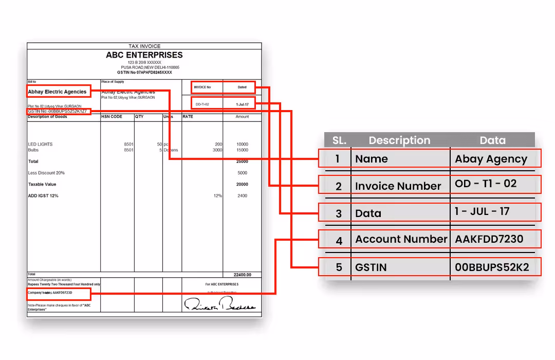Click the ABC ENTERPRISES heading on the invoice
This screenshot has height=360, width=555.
click(144, 55)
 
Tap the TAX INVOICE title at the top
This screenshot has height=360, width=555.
click(144, 46)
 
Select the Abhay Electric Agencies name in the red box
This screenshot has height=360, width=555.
click(58, 92)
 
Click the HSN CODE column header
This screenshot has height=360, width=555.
click(112, 117)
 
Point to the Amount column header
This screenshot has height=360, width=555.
click(242, 117)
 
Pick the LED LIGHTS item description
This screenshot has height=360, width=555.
click(41, 144)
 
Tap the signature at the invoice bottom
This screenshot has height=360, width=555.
click(219, 305)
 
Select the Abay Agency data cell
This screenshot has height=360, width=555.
click(491, 159)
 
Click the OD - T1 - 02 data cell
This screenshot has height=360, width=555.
click(486, 184)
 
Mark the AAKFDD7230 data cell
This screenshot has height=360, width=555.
click(489, 239)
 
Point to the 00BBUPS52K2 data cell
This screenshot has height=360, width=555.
click(492, 267)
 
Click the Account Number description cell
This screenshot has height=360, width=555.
click(401, 239)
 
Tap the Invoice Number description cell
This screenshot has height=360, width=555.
click(398, 186)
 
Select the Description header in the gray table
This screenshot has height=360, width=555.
click(399, 140)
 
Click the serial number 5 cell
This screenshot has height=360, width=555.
click(339, 267)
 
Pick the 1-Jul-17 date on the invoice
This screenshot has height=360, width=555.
click(242, 104)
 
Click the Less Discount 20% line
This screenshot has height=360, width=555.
click(46, 173)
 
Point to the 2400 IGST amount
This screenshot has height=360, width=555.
click(242, 195)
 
